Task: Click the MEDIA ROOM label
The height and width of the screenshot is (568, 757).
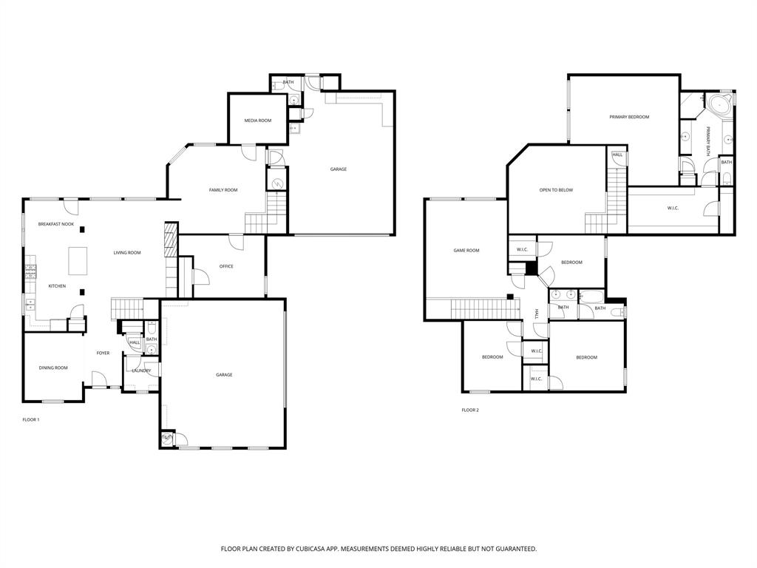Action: [258, 121]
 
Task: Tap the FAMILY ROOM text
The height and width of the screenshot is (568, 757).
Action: [223, 190]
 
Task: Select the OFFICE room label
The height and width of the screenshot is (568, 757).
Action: [226, 266]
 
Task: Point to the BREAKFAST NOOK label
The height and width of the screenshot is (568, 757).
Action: [56, 224]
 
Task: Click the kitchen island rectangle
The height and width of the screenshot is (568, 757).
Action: [78, 260]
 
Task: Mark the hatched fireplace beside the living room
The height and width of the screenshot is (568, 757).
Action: [171, 240]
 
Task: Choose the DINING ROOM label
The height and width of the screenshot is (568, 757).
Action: [53, 368]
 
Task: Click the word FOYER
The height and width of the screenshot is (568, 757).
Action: [103, 353]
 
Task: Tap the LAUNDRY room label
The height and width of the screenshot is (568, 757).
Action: [141, 371]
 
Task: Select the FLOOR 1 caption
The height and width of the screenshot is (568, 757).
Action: [31, 419]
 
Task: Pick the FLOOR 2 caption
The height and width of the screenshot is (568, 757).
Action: [470, 410]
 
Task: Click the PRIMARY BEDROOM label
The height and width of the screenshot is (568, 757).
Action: [629, 117]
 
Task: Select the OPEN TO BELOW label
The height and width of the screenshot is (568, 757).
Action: [556, 190]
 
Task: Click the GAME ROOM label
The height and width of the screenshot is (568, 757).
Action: [466, 251]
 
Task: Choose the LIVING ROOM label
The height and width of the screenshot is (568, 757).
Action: [127, 253]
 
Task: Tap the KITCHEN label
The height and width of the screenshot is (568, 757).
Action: [57, 286]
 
